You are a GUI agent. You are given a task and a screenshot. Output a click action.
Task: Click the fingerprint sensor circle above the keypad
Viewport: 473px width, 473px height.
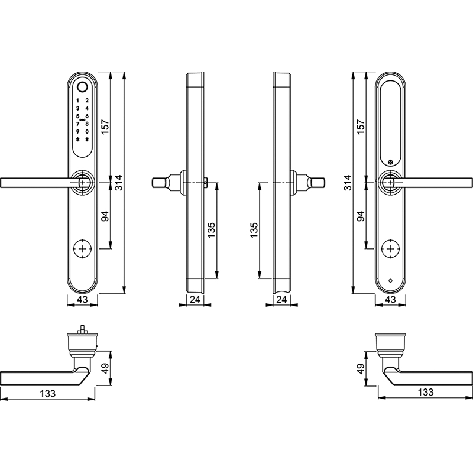coord(82,87)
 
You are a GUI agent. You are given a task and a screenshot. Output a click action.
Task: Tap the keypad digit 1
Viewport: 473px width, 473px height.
coord(77,101)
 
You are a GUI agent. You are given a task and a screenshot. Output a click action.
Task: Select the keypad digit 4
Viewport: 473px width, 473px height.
coord(87,108)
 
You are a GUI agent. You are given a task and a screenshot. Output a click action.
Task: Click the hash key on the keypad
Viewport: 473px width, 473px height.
coord(87,140)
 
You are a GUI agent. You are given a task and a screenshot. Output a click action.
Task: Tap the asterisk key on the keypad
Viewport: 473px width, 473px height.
coord(77,140)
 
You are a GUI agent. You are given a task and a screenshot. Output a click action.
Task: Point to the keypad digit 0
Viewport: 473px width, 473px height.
coord(87,131)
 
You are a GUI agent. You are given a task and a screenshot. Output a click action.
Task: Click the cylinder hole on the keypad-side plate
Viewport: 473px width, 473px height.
coord(82,249)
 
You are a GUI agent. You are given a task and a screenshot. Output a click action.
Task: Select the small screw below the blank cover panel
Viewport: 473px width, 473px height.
coord(391,163)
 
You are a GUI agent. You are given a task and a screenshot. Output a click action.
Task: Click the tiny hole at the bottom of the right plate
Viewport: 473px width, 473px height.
coord(391,281)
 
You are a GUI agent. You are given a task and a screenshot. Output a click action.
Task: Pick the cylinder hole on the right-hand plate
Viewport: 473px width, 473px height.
coord(391,249)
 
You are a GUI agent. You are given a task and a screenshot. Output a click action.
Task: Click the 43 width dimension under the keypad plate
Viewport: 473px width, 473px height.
coord(82,299)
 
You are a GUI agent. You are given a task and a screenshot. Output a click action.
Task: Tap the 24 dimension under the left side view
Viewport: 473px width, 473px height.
coord(195,299)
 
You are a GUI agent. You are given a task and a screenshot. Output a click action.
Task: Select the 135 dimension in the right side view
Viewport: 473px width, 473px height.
coord(254,230)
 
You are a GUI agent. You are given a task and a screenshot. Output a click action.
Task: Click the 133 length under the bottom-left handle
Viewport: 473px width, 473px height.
coord(48,393)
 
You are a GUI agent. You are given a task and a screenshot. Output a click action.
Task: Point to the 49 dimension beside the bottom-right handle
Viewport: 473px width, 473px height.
coord(361,368)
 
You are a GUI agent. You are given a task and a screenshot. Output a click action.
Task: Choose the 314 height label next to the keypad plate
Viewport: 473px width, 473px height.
coord(119,183)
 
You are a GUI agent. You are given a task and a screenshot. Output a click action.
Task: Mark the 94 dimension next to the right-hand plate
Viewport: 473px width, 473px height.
coord(361,216)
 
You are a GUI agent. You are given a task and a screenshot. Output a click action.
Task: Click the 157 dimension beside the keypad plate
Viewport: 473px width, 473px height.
coord(105,127)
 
